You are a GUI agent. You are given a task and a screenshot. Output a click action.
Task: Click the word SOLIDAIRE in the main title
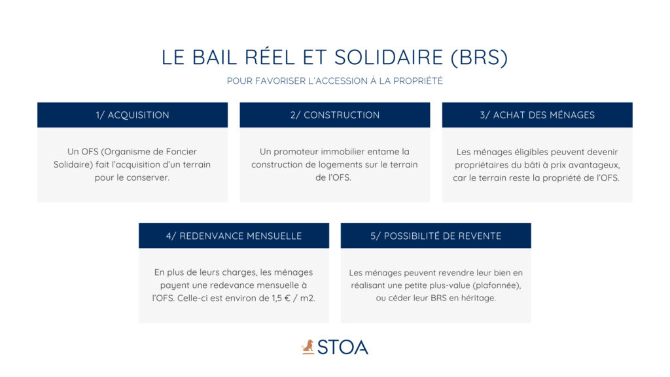[389, 58]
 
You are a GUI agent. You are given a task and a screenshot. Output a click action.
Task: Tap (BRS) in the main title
[480, 58]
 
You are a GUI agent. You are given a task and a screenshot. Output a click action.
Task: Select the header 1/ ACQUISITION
[132, 115]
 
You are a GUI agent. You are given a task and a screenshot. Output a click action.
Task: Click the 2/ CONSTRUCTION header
[334, 115]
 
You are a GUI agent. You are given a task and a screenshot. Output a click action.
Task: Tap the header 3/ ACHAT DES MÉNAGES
[537, 115]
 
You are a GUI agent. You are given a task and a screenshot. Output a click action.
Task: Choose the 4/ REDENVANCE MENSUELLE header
[234, 236]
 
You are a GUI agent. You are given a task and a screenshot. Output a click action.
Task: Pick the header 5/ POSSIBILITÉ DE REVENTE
[436, 236]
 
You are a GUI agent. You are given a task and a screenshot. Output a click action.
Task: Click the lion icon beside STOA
[308, 347]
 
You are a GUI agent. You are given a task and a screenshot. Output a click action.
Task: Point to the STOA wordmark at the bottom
[343, 347]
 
